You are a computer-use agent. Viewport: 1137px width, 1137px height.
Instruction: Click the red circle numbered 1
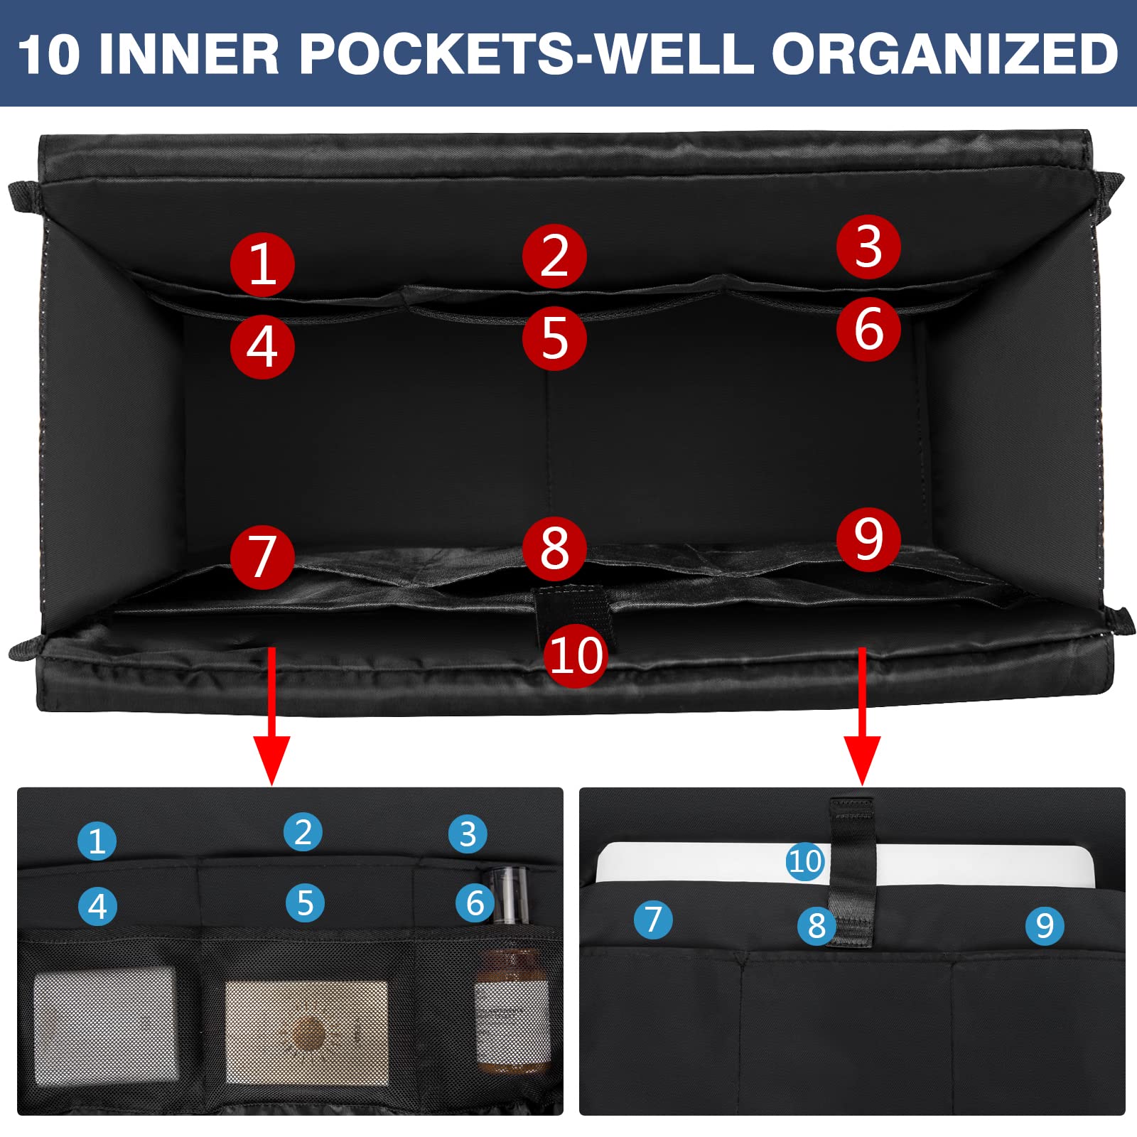pos(262,264)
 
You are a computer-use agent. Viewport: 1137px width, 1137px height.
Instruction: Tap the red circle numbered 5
pos(554,338)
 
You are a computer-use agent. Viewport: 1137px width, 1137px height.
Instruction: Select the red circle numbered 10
pos(576,655)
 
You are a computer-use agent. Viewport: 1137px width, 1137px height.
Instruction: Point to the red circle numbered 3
pos(868,247)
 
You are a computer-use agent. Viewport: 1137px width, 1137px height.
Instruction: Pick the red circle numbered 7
pos(262,557)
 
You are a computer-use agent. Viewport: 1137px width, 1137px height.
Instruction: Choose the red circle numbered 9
pos(868,539)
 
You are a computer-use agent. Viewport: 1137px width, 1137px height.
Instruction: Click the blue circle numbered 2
pos(303,832)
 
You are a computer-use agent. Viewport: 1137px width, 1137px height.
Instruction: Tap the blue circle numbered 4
pos(97,906)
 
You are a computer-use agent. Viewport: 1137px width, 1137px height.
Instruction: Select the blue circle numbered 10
pos(805,861)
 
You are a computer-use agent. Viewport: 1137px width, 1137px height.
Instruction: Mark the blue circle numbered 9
pos(1045,926)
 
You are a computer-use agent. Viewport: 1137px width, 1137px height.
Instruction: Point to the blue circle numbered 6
pos(475,903)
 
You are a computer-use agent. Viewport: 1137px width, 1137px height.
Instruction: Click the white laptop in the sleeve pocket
pos(845,864)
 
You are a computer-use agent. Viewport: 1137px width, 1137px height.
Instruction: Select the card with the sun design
pos(307,1033)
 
